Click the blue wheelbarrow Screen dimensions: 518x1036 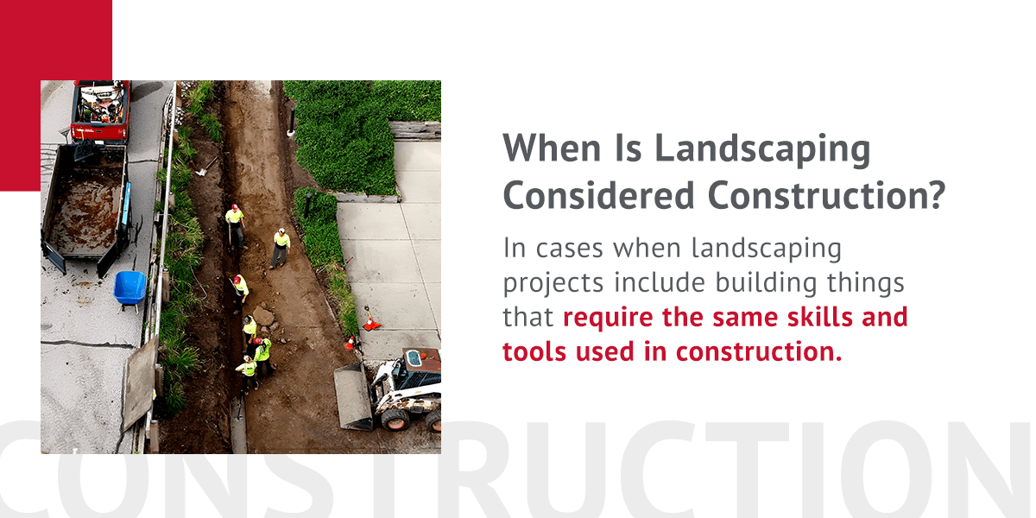pyautogui.click(x=129, y=287)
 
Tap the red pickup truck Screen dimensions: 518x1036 pyautogui.click(x=100, y=110)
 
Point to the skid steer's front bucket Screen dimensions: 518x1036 pyautogui.click(x=353, y=395)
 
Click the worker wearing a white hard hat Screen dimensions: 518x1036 pyautogui.click(x=281, y=246)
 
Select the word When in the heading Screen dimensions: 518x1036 pyautogui.click(x=543, y=149)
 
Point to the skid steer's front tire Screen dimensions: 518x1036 pyautogui.click(x=395, y=418)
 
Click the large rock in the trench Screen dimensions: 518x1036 pyautogui.click(x=264, y=317)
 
